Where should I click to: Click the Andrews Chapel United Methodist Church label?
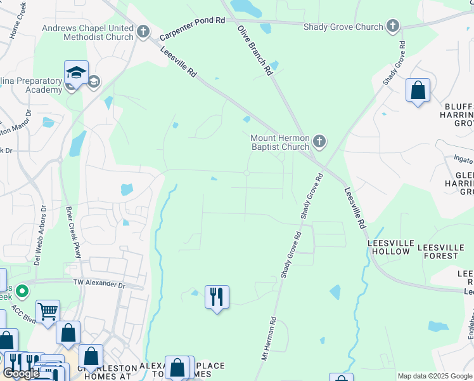[87, 32]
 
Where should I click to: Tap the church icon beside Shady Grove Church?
[394, 27]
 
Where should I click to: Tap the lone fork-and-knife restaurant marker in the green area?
[217, 296]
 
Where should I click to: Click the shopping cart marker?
[48, 311]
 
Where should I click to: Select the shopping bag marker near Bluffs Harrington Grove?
[418, 90]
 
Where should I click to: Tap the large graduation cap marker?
[76, 73]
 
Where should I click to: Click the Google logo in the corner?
[21, 373]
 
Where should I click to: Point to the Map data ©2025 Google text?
[435, 376]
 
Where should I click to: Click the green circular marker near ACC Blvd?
[22, 291]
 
